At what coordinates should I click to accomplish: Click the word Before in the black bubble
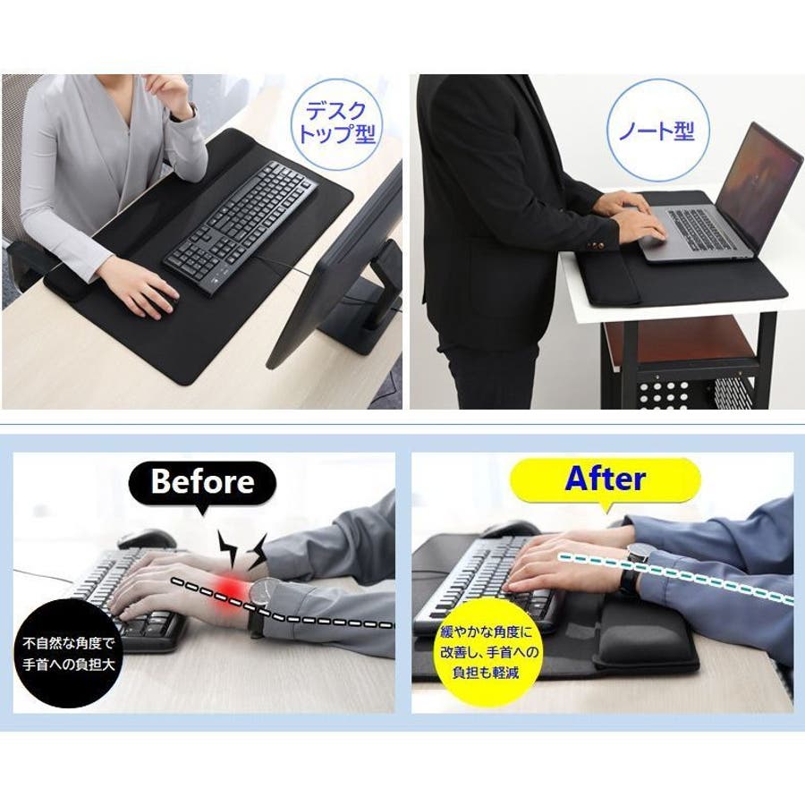tap(202, 481)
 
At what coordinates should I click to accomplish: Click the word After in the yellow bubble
tap(605, 479)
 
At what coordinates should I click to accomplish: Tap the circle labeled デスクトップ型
tap(337, 123)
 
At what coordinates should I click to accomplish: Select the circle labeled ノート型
tap(657, 131)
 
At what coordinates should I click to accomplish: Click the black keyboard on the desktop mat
tap(241, 227)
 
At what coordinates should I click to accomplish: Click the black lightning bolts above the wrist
tap(242, 550)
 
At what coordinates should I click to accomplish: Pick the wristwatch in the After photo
tap(634, 564)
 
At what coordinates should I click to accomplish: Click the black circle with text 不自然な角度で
tap(68, 653)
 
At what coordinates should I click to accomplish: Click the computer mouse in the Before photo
tap(145, 539)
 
